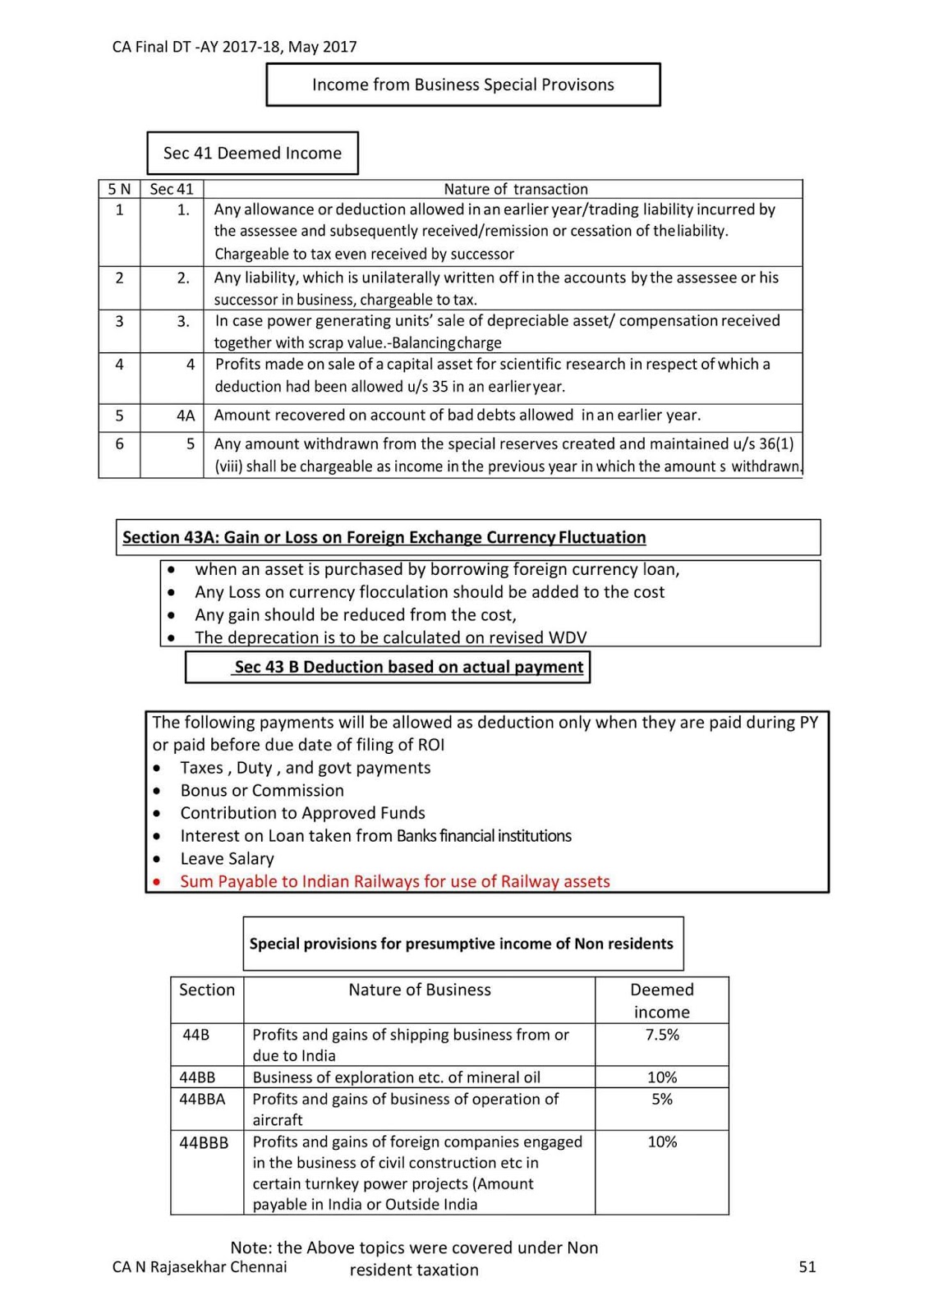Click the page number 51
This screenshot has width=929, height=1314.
807,1266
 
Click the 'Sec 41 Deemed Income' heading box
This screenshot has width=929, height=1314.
252,153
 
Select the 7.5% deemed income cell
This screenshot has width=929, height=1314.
661,1035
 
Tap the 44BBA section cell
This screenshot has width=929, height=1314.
202,1099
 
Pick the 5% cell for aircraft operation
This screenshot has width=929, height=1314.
661,1099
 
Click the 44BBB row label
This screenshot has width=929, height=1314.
204,1142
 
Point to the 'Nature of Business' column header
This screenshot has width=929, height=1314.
419,990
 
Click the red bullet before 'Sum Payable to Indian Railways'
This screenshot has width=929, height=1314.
158,882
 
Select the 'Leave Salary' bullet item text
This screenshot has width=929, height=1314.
227,858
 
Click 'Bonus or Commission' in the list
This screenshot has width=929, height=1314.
262,790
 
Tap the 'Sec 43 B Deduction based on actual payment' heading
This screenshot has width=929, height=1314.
408,667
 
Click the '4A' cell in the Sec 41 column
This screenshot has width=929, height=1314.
186,416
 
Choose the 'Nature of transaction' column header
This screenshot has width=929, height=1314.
515,189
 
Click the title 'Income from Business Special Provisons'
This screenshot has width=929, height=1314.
462,85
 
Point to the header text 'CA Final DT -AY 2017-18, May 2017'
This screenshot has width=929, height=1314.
234,47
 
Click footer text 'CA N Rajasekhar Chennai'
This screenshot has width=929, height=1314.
200,1266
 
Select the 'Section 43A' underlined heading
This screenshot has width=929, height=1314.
384,537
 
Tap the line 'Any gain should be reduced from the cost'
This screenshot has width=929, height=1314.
355,614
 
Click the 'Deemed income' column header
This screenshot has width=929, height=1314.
661,1000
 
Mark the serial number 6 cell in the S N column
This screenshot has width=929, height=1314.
120,444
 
